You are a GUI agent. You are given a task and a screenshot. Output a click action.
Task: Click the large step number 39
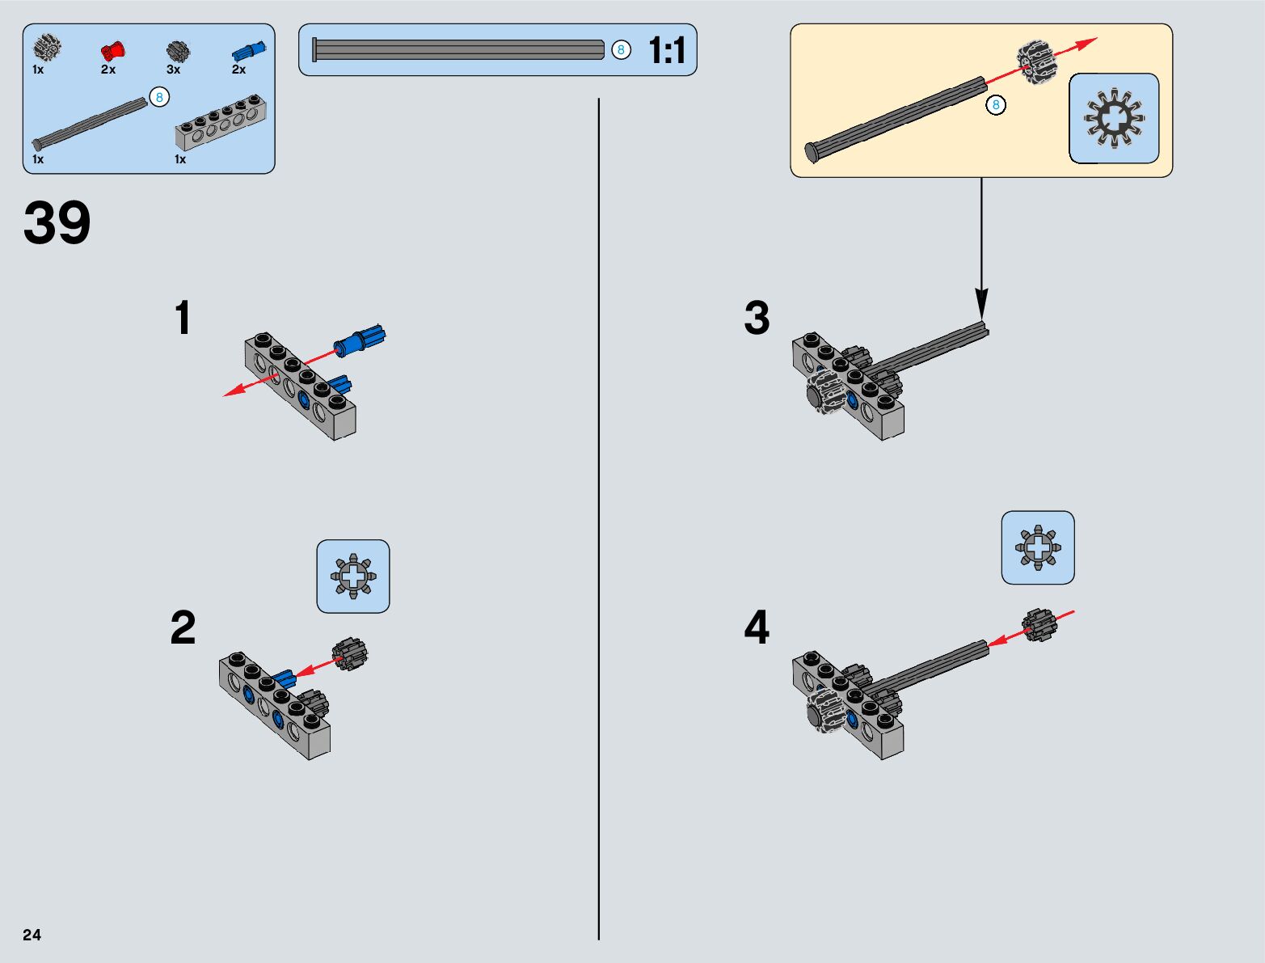point(57,223)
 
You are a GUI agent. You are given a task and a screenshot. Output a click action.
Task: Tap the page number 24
point(32,935)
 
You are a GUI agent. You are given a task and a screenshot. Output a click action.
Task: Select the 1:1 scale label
point(667,51)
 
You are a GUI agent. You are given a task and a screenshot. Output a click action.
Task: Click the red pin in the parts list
point(113,51)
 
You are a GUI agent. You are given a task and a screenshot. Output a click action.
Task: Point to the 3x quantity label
point(173,70)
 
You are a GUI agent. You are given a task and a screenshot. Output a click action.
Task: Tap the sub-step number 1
point(183,318)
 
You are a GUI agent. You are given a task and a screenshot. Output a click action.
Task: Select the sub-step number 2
point(183,628)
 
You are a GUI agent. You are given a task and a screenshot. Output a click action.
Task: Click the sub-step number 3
point(757,318)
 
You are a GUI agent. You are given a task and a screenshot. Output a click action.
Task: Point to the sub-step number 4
point(757,628)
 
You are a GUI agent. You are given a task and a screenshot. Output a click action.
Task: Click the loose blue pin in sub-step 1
point(361,340)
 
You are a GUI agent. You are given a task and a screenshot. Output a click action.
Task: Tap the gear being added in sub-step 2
point(350,653)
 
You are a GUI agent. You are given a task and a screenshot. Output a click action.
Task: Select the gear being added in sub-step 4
point(1039,625)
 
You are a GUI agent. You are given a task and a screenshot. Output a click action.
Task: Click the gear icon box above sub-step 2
point(353,577)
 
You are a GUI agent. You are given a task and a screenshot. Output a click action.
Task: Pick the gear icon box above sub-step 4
point(1038,547)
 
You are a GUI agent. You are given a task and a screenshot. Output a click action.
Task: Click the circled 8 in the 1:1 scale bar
point(621,50)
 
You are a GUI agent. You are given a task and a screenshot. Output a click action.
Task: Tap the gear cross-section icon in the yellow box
point(1114,118)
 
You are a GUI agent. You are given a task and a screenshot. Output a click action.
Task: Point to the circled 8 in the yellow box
point(996,105)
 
